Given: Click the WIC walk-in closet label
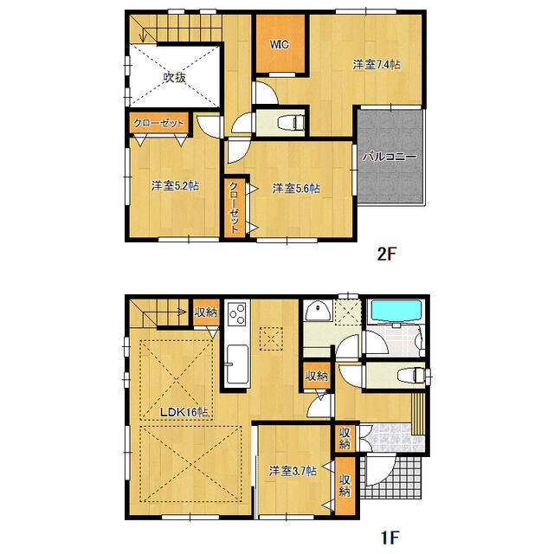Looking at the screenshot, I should click(x=279, y=43).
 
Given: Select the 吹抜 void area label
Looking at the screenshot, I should click(x=175, y=77).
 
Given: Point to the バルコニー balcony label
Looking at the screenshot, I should click(x=390, y=157).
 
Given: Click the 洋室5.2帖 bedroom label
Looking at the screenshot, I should click(x=175, y=185).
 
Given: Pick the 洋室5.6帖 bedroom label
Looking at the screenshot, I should click(x=297, y=187).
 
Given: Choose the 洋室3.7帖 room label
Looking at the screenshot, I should click(x=292, y=471).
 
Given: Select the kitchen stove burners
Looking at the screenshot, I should click(x=237, y=313).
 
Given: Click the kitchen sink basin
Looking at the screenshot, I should click(x=235, y=357).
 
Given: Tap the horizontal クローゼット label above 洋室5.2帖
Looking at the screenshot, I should click(x=159, y=123).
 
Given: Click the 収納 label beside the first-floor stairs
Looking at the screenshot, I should click(x=205, y=312).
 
